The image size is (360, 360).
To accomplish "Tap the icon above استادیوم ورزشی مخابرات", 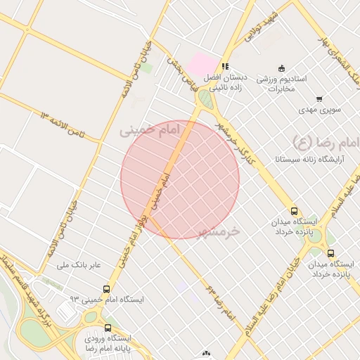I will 282,67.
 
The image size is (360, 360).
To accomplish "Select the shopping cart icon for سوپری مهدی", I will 319,99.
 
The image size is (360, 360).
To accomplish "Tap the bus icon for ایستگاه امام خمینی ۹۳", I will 106,289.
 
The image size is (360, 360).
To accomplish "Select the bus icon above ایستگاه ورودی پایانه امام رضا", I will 108,327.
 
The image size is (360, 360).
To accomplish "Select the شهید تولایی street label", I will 261,27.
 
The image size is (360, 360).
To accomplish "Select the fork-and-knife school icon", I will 225,66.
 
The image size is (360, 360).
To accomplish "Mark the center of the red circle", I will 180,179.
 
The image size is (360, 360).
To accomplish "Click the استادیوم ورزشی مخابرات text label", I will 286,83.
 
